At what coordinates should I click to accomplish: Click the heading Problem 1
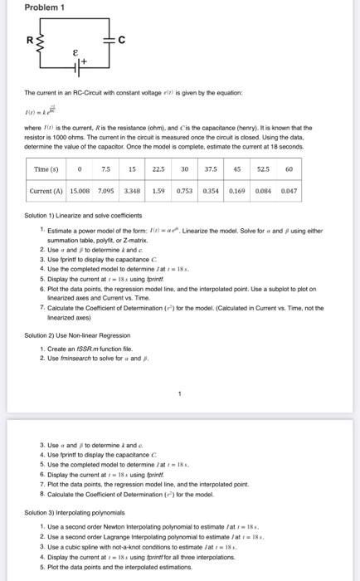coord(27,9)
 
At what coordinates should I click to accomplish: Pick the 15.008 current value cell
coord(80,189)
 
